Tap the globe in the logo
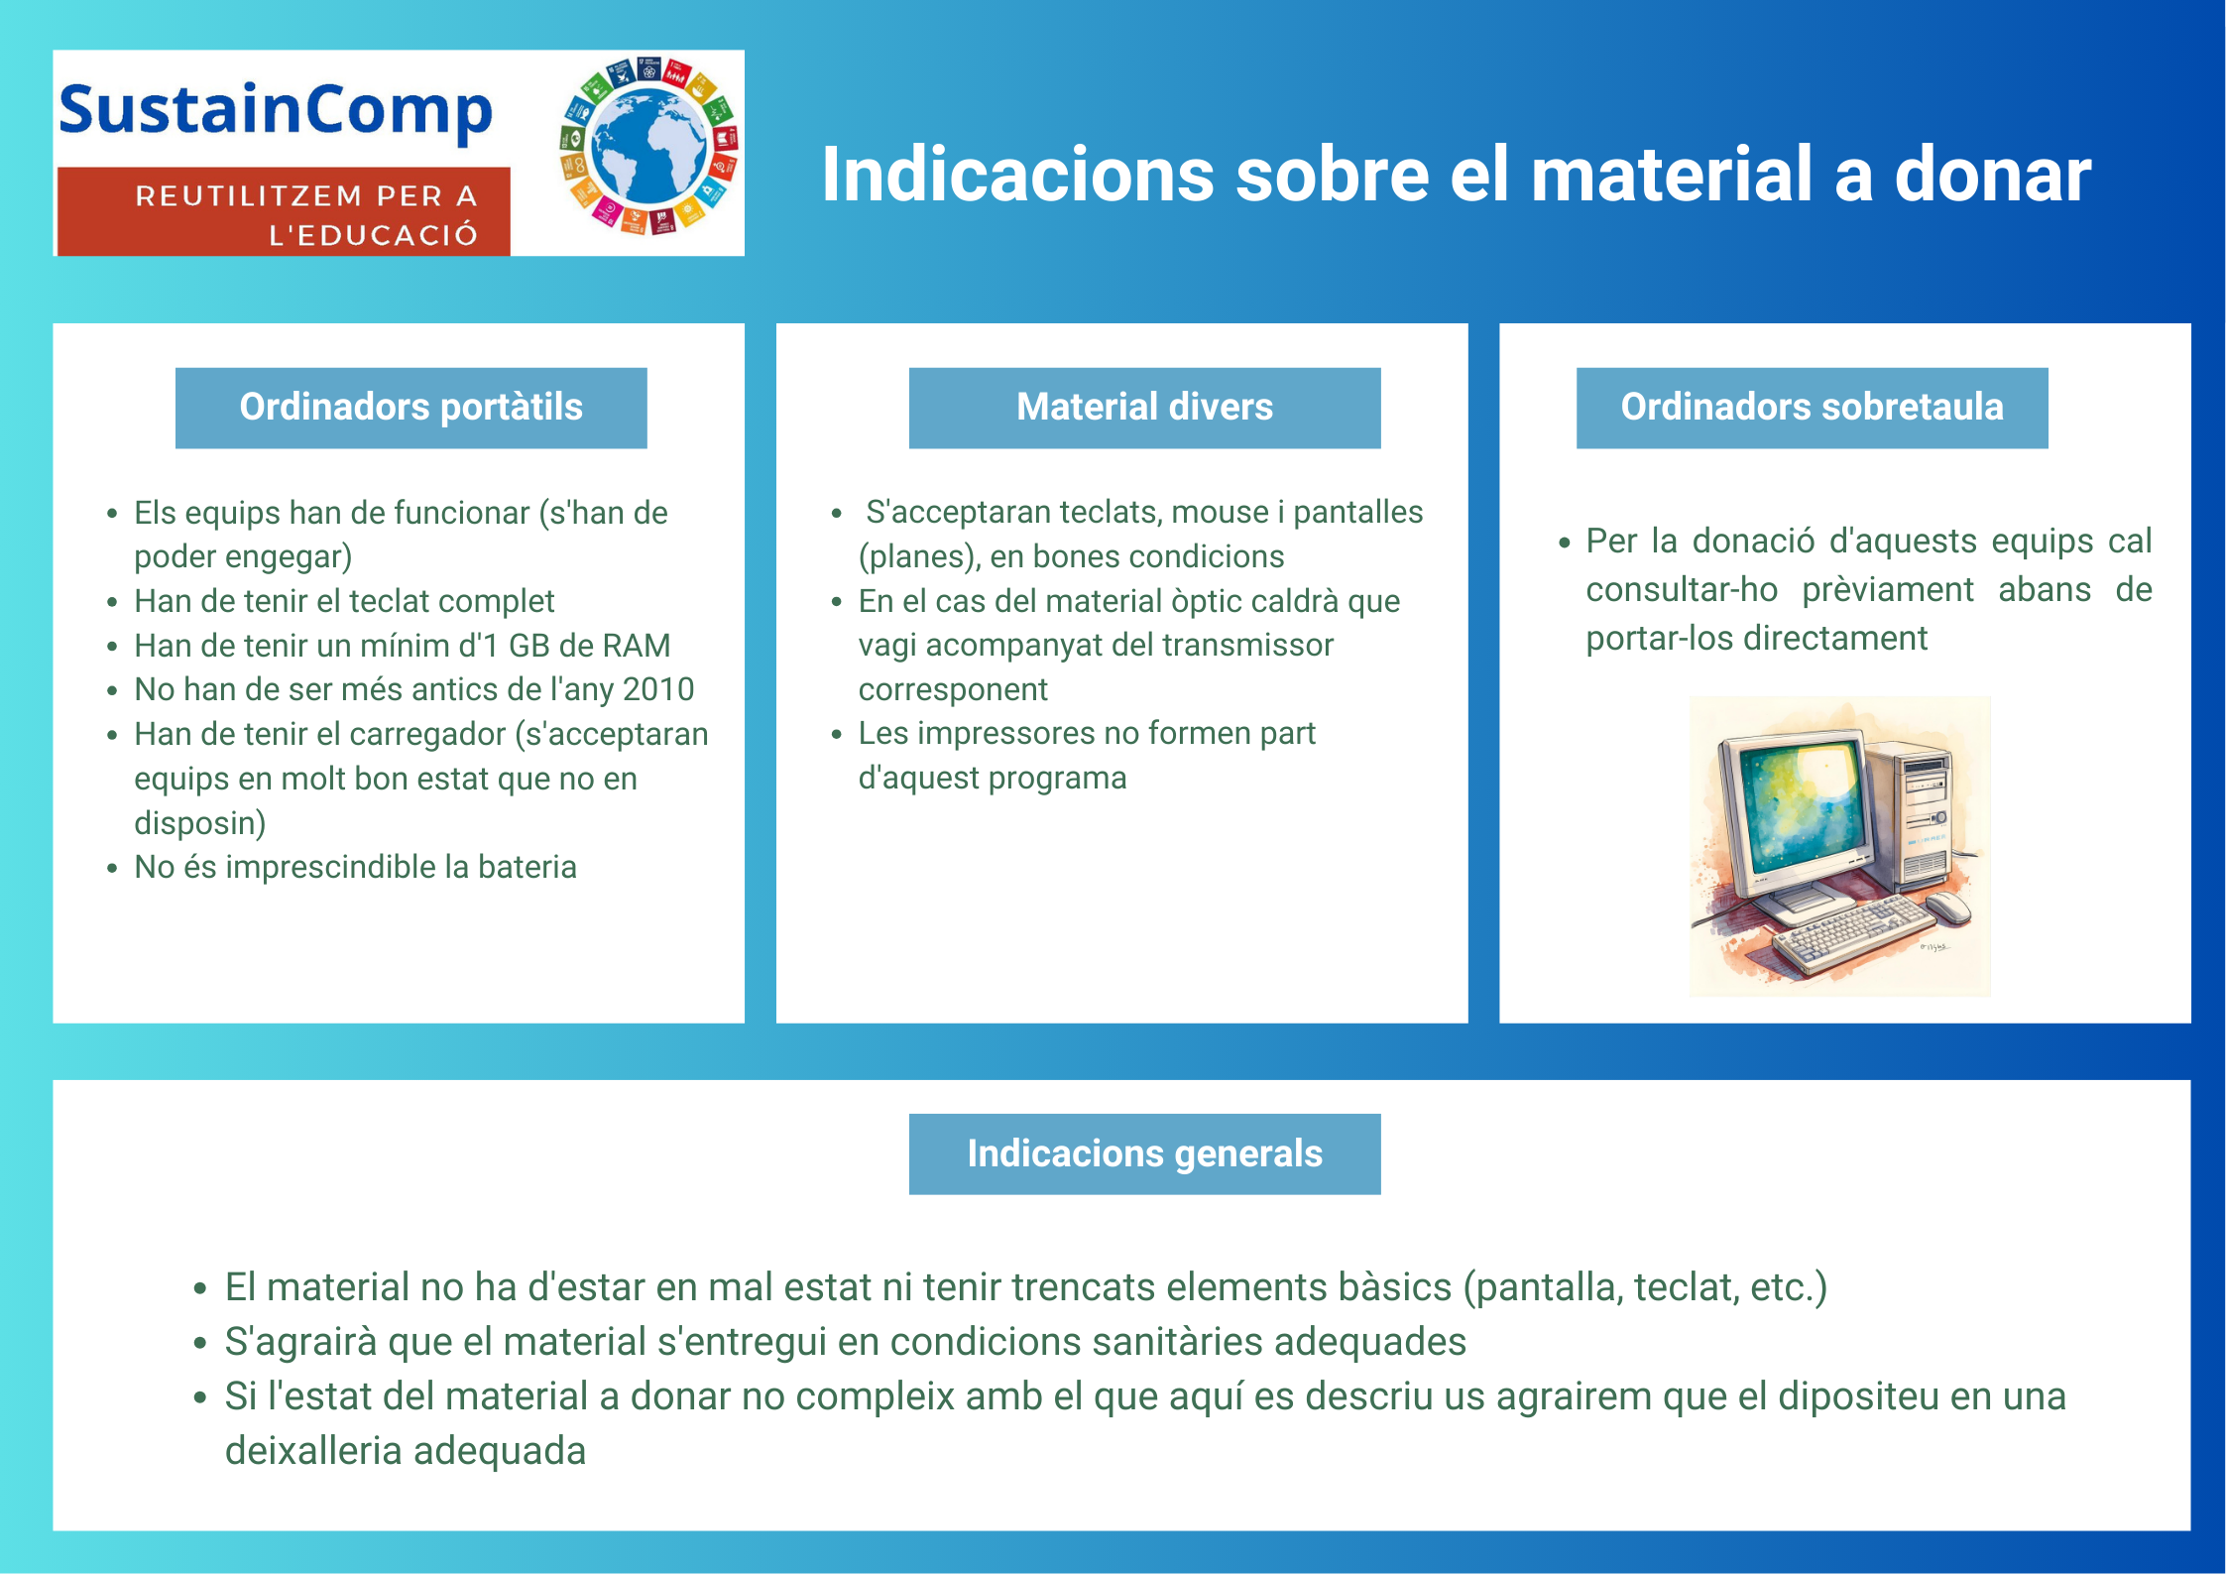tap(648, 147)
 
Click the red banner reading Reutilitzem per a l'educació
tap(284, 212)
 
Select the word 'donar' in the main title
tap(1992, 175)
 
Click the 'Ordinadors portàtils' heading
tap(411, 408)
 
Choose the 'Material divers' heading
tap(1144, 408)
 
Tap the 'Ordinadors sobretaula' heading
tap(1812, 408)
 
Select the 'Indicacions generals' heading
tap(1144, 1153)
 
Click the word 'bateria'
tap(527, 867)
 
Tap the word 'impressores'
tap(1006, 734)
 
